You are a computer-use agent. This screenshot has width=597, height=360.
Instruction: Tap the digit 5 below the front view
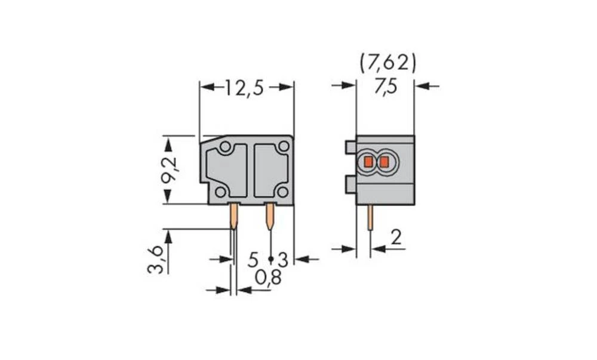point(253,260)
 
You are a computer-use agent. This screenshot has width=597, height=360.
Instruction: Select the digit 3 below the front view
point(283,260)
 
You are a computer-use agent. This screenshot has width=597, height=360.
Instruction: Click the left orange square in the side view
point(368,162)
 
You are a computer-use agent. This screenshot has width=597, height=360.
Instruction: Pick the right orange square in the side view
point(384,162)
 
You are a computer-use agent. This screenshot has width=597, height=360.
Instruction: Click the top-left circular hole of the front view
point(224,147)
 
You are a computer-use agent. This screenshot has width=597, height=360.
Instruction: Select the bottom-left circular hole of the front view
point(220,192)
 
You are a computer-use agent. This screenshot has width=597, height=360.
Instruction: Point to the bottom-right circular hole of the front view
point(283,192)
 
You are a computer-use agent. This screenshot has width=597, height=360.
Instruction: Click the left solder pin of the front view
point(233,217)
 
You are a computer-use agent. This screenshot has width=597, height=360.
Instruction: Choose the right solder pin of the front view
point(270,217)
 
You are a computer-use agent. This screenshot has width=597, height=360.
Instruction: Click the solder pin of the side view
point(371,218)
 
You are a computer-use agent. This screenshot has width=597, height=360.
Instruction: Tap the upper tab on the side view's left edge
point(350,147)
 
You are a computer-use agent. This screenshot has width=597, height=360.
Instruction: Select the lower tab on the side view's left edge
point(350,185)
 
